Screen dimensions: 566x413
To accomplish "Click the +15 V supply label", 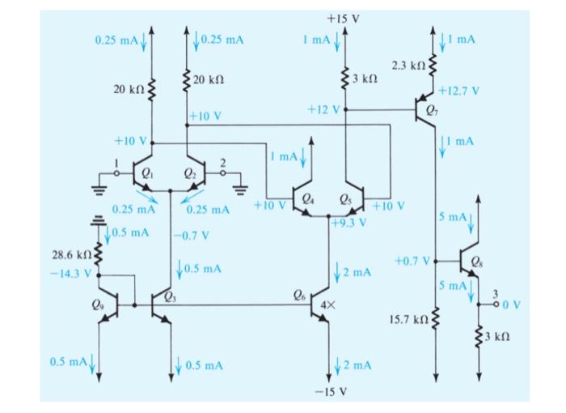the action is (344, 19).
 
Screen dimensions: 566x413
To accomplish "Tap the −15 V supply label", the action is (331, 392).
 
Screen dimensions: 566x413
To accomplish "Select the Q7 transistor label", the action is (432, 109).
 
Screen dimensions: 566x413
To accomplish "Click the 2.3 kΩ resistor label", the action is (408, 66).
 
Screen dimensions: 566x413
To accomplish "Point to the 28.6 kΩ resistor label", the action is (72, 255).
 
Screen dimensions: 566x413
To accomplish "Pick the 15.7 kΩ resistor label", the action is (408, 319).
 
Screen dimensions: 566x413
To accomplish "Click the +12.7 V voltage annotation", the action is (458, 91).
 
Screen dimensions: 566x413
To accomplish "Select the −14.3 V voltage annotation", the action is (71, 273).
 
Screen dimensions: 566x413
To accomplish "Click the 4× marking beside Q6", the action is (327, 305).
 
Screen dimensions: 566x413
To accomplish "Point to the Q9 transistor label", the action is (98, 305).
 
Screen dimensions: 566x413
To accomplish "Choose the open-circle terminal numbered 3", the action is (496, 304).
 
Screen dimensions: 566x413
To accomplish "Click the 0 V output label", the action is (512, 304).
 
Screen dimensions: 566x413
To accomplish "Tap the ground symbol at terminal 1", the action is (99, 189).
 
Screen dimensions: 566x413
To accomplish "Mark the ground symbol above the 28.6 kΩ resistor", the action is (98, 220).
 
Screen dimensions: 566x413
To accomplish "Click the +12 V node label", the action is (323, 109).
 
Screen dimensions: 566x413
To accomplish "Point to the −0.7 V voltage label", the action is (192, 236).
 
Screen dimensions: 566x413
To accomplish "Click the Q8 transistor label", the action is (475, 261).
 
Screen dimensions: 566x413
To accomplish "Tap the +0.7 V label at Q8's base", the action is (412, 261).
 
